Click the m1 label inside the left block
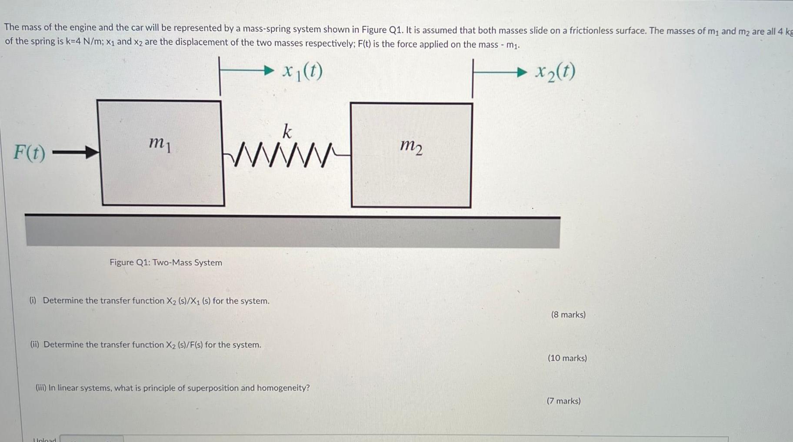coord(160,143)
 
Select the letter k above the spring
coord(287,131)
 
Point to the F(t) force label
coord(29,152)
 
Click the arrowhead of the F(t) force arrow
coord(92,152)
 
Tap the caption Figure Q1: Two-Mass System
coord(166,263)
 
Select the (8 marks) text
coord(568,315)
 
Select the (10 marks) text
coord(567,358)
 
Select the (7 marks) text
coord(564,401)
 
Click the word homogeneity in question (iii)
coord(283,388)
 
